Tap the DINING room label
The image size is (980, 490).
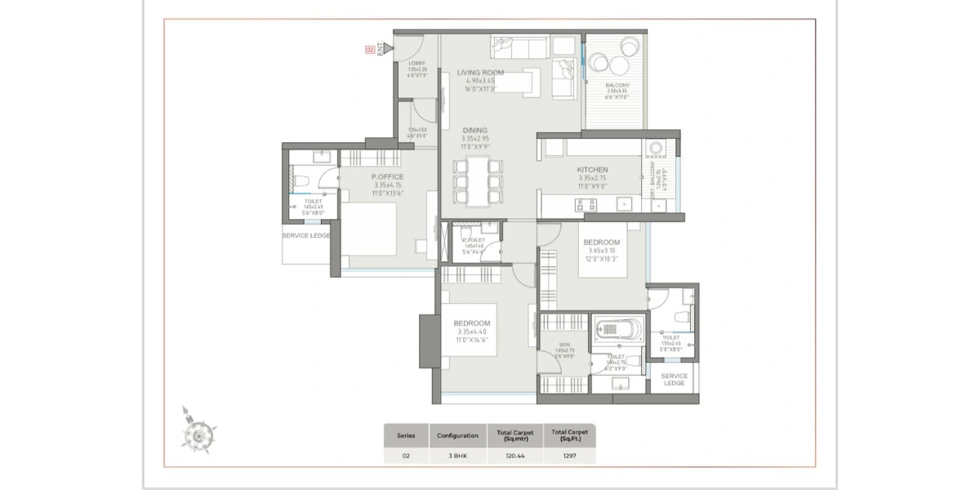474,130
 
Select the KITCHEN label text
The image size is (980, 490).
592,170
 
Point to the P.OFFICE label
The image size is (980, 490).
387,177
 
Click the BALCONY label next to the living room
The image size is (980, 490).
617,86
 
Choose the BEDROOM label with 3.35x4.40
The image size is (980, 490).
473,323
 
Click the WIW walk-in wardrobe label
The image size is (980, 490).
563,344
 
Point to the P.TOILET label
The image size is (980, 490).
473,240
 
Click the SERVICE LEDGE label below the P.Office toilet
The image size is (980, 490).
306,235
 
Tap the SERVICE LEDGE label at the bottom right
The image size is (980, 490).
674,379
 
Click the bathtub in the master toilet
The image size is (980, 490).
617,331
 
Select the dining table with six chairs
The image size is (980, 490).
478,182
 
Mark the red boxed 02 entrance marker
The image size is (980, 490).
370,51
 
